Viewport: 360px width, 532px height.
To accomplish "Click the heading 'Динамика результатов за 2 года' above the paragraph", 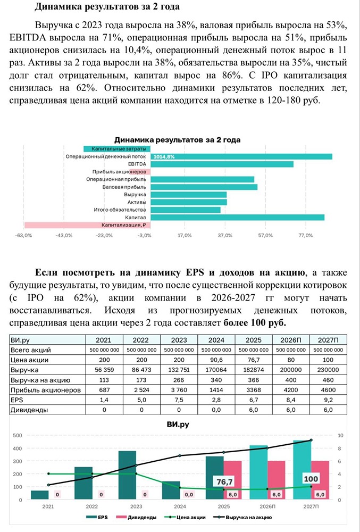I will click(107, 7).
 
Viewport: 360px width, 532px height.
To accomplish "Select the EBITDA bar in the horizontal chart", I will click(222, 164).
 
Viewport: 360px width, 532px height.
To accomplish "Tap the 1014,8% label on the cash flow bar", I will click(164, 157).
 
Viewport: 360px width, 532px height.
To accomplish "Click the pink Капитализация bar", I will click(88, 225).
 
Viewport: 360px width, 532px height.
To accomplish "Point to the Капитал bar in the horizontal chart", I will click(237, 217).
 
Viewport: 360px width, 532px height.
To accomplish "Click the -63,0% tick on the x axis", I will click(24, 235).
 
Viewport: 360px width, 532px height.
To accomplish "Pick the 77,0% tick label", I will click(305, 235).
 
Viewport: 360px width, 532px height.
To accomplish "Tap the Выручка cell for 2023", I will click(179, 370).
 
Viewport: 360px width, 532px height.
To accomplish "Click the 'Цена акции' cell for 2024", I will click(216, 360).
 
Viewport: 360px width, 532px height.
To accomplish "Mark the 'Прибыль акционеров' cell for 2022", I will click(141, 390).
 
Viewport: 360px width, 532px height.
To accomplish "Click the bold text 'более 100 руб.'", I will click(254, 322).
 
